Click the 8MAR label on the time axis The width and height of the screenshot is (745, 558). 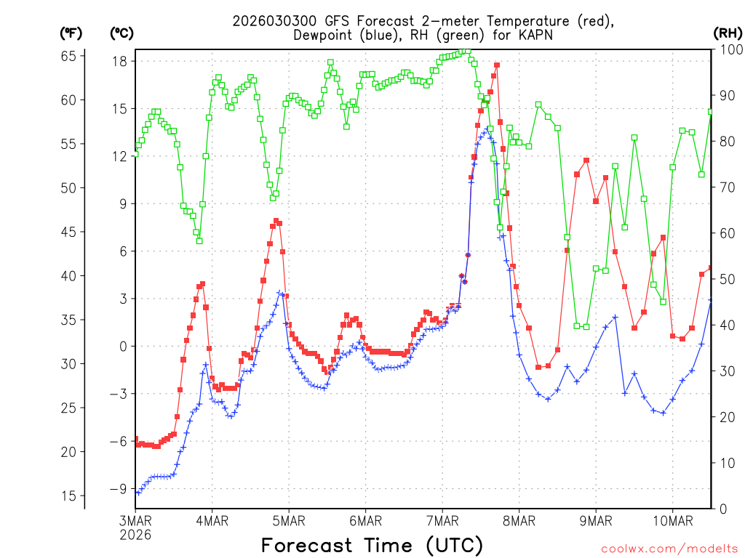[519, 520]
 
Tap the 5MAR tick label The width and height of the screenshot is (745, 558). [289, 520]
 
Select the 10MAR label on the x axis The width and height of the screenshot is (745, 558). [672, 520]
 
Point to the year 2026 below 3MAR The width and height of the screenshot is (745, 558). [135, 535]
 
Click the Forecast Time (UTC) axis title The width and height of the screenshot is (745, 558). [372, 545]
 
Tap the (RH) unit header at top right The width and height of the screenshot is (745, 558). [728, 33]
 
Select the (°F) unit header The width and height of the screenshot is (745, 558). [71, 33]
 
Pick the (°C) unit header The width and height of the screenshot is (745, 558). [122, 33]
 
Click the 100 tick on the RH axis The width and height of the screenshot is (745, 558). [730, 49]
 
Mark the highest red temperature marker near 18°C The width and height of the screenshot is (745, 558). [497, 65]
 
